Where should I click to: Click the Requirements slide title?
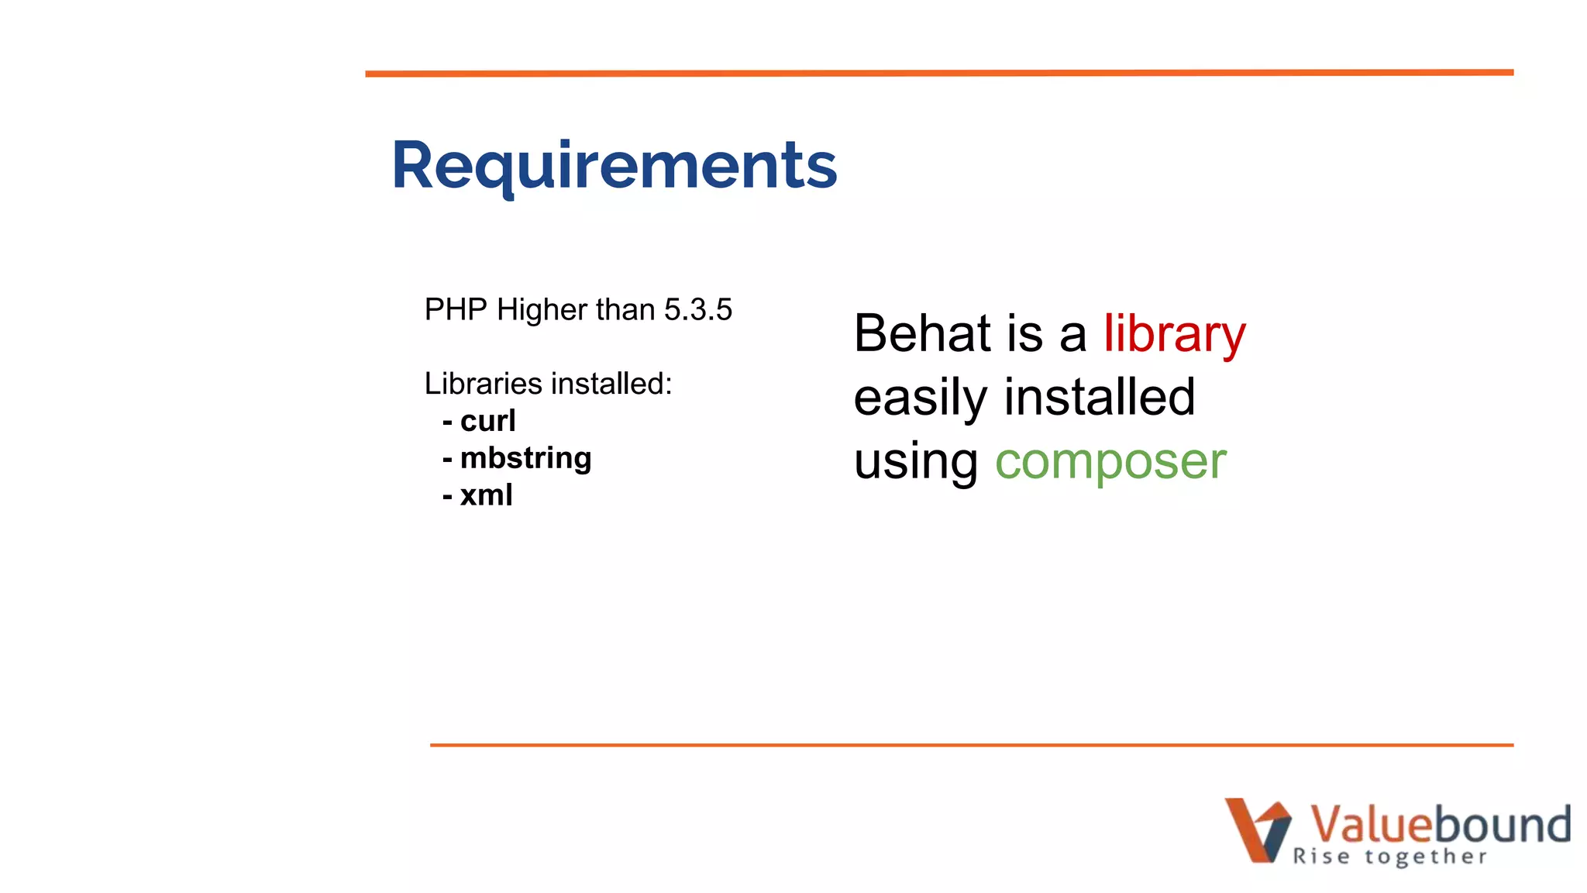point(614,165)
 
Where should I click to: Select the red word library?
point(1174,334)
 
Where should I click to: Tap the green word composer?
point(1110,461)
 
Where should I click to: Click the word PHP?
point(456,310)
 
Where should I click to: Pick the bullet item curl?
point(487,421)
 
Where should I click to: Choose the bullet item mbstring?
point(525,458)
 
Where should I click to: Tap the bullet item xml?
point(486,495)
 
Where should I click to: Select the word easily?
point(920,398)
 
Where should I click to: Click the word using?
point(916,461)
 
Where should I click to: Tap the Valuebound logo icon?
point(1257,829)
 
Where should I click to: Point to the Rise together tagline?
point(1389,857)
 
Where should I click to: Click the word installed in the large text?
point(1100,398)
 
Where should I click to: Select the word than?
point(625,310)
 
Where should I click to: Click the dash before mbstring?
point(447,459)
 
